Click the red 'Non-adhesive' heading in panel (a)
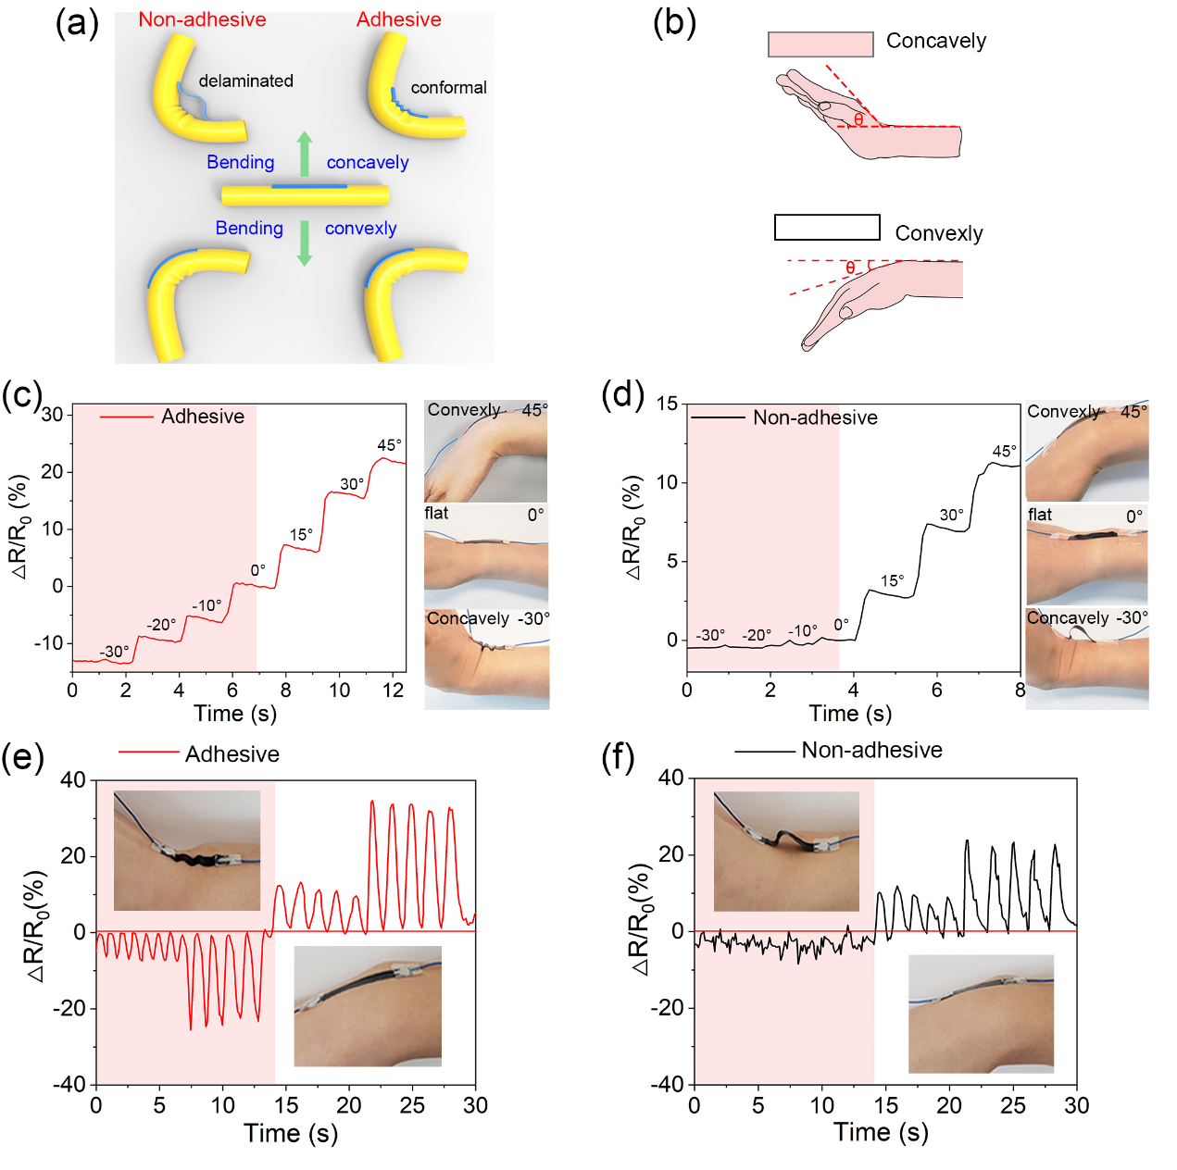pyautogui.click(x=202, y=19)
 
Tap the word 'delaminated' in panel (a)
pyautogui.click(x=245, y=81)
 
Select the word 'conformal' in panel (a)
pyautogui.click(x=448, y=87)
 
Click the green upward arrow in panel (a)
pyautogui.click(x=304, y=154)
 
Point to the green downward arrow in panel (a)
pyautogui.click(x=304, y=243)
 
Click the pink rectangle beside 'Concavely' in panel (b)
pyautogui.click(x=820, y=44)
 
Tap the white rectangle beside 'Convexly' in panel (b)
pyautogui.click(x=827, y=227)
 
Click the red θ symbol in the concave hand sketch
pyautogui.click(x=858, y=119)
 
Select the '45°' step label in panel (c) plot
pyautogui.click(x=390, y=444)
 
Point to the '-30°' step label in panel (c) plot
pyautogui.click(x=114, y=651)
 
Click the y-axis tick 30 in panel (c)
pyautogui.click(x=53, y=416)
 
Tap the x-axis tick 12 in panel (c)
pyautogui.click(x=393, y=690)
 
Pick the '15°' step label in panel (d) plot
pyautogui.click(x=892, y=580)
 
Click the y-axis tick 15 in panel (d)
pyautogui.click(x=667, y=403)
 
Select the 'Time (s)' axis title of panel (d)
pyautogui.click(x=850, y=714)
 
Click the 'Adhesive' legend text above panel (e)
pyautogui.click(x=232, y=754)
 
